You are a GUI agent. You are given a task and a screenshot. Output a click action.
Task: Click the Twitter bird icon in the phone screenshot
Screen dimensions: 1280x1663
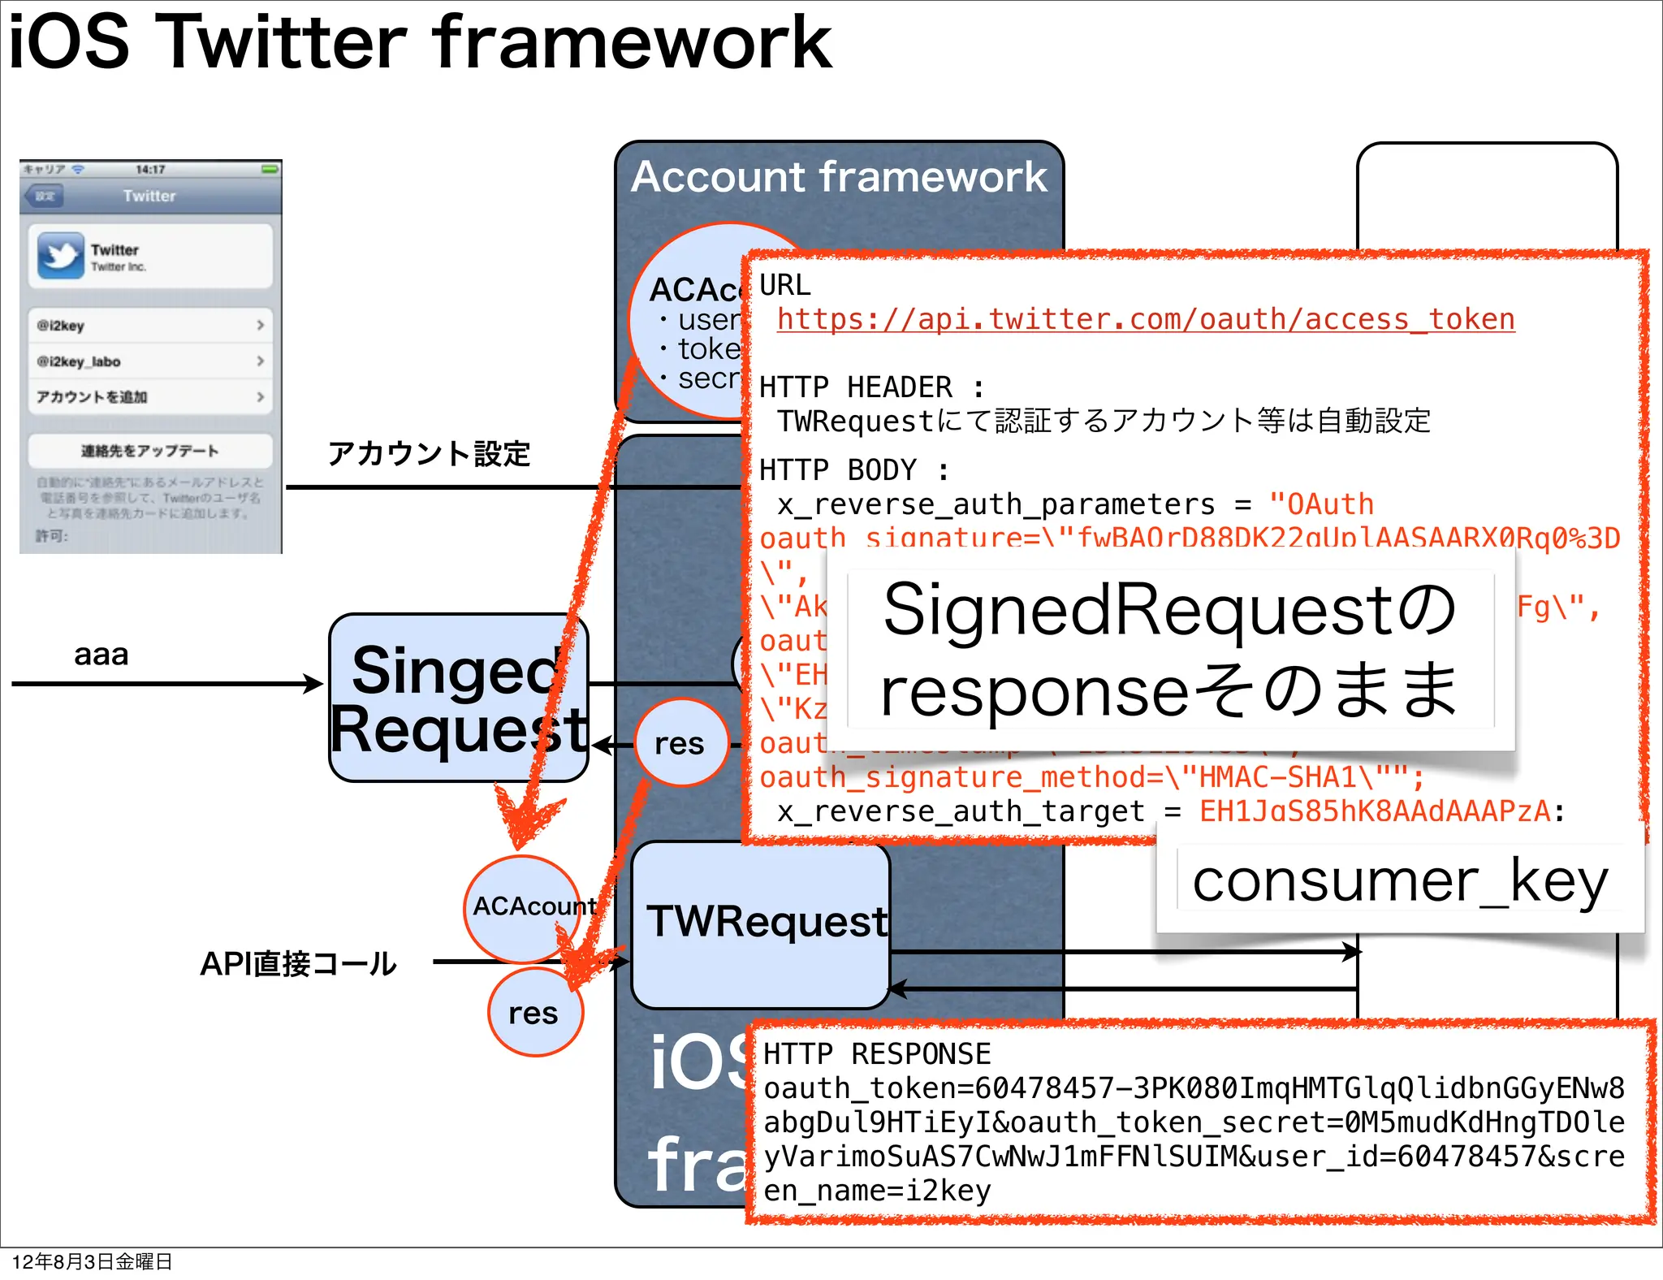[x=60, y=256]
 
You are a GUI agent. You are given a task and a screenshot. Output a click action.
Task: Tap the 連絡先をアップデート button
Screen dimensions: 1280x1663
[x=149, y=451]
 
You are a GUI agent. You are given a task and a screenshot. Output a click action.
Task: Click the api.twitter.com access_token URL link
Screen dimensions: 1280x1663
[x=1145, y=319]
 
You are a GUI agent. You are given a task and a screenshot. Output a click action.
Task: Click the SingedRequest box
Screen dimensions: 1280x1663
[x=458, y=698]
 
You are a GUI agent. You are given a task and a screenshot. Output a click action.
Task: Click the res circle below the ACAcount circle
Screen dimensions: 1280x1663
[x=533, y=1013]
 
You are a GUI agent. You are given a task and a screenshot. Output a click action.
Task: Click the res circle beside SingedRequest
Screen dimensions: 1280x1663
[x=680, y=743]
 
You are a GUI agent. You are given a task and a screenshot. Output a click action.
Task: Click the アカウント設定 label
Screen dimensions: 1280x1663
[x=429, y=453]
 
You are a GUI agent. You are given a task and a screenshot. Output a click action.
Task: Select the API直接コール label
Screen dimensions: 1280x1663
[x=298, y=964]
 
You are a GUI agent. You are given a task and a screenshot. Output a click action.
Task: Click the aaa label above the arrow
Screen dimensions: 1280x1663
[x=102, y=655]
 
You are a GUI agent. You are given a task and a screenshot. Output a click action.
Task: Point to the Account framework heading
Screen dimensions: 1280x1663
[x=839, y=177]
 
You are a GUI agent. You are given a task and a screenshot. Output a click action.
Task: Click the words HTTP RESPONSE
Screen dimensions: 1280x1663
[x=877, y=1054]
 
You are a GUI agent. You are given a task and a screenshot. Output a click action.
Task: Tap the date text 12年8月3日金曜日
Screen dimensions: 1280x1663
[x=92, y=1261]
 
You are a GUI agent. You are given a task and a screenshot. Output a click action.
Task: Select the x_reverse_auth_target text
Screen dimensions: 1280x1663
[x=960, y=811]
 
